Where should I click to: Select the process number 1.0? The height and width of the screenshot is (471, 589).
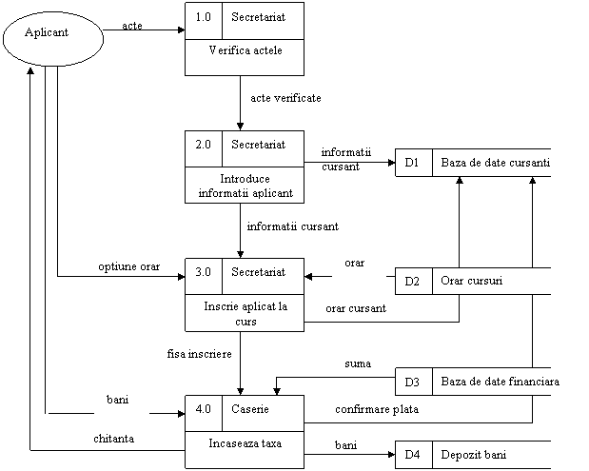204,17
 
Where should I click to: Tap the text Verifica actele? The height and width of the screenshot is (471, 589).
245,50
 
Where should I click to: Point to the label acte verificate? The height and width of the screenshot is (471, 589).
285,98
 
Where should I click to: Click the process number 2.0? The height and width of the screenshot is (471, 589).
204,145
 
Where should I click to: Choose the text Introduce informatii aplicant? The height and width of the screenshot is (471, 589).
245,186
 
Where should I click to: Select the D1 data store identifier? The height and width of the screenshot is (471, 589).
412,163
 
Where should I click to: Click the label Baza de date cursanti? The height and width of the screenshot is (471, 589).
496,163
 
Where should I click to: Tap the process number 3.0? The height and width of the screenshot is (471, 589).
204,272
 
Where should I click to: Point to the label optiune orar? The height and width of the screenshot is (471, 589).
128,266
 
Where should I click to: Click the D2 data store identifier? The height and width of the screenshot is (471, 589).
412,282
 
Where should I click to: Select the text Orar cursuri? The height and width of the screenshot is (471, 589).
471,281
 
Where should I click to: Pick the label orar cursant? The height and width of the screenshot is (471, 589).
356,308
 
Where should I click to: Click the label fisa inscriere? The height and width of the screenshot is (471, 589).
200,354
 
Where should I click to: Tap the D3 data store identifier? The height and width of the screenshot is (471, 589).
412,382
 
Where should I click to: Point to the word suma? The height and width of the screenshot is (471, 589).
358,363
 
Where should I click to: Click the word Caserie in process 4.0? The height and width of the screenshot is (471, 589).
250,408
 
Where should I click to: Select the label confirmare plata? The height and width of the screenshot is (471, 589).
377,409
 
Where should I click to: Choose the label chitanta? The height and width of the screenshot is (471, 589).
114,439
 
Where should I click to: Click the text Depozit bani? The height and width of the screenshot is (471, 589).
473,455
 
